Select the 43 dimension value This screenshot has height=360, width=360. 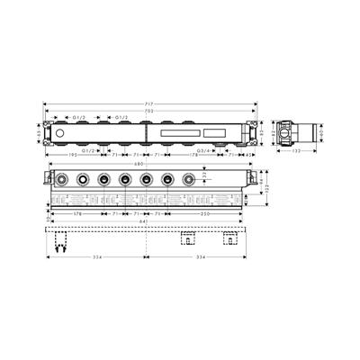pos(248,156)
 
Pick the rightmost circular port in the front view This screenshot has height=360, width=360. pos(189,180)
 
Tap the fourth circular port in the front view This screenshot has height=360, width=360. pos(125,180)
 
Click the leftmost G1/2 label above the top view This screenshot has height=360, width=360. pos(78,118)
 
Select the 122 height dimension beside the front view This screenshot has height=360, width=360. pos(265,189)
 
